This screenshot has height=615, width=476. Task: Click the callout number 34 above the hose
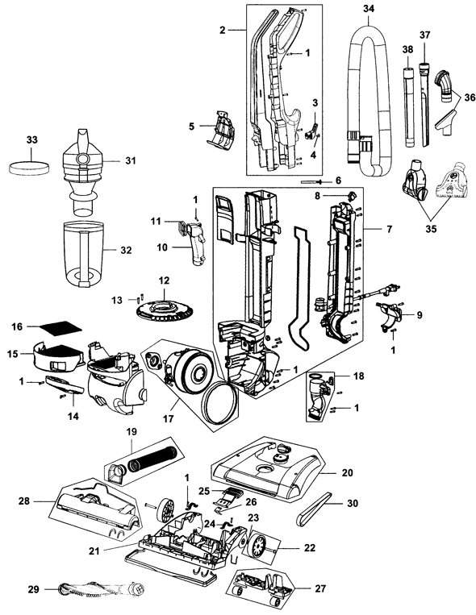[370, 9]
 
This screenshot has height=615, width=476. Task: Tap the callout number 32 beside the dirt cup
[127, 251]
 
